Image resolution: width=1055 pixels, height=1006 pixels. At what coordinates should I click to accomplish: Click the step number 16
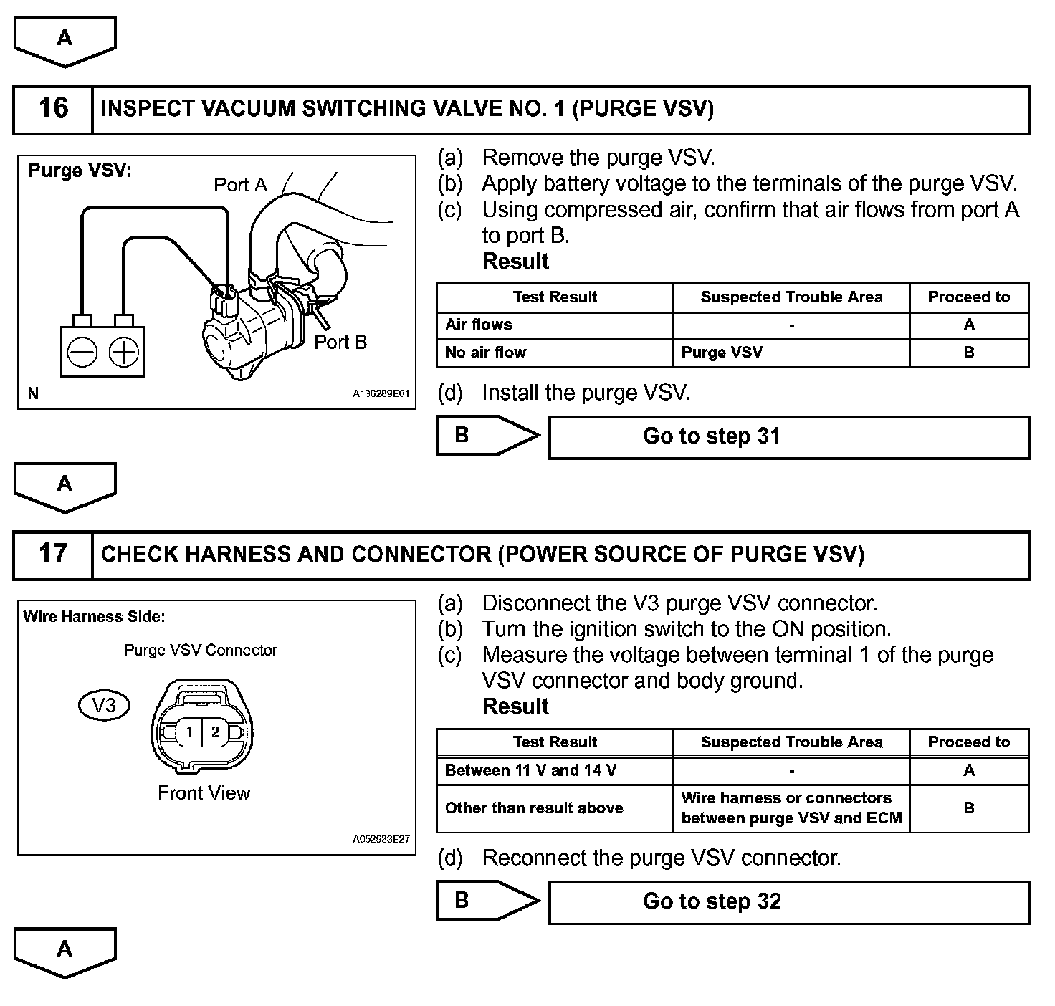[53, 109]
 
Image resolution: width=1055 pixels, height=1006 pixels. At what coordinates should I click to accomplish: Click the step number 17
[53, 554]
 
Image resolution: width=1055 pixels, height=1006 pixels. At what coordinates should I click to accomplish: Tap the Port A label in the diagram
[240, 185]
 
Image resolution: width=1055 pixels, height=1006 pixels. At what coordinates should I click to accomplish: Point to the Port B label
[340, 342]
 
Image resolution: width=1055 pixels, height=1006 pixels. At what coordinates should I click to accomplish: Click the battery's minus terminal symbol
[82, 352]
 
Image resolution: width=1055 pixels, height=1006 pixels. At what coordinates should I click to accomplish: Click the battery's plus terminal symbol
[124, 352]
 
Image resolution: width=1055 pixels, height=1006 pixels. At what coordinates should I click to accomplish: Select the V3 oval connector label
[104, 706]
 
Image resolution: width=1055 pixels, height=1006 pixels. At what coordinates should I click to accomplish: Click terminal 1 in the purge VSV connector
[189, 732]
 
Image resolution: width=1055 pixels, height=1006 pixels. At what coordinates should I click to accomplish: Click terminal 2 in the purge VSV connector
[215, 732]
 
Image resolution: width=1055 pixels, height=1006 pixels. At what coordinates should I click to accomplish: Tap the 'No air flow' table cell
[485, 353]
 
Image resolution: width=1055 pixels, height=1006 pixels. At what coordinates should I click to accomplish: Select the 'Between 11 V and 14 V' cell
[530, 771]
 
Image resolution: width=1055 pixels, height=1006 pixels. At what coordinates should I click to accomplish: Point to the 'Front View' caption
[204, 793]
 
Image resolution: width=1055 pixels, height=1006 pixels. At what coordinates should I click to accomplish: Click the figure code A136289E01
[381, 394]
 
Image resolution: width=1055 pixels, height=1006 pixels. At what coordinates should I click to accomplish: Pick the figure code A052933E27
[381, 839]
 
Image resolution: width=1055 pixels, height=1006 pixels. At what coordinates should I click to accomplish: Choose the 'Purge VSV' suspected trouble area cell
[722, 353]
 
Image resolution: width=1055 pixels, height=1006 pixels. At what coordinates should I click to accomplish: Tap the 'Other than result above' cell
[534, 808]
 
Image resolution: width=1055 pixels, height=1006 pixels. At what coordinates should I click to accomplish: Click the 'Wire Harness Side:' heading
[94, 617]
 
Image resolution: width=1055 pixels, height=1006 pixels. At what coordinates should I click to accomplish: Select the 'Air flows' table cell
[479, 325]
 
